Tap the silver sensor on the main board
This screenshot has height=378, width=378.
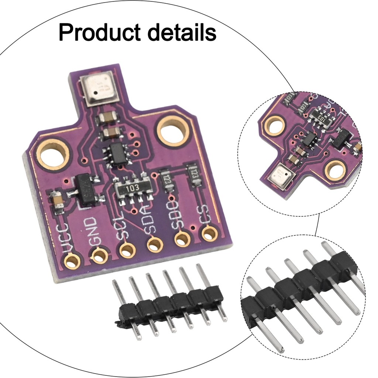[x=100, y=88]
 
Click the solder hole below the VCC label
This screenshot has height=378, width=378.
[x=72, y=261]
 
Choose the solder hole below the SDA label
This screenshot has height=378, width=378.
[x=155, y=244]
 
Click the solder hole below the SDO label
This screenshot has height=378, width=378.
[x=182, y=238]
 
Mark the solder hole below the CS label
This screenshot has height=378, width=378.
[x=210, y=233]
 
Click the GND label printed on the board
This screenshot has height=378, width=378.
[x=93, y=232]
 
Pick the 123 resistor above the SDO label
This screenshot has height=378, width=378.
[x=167, y=179]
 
